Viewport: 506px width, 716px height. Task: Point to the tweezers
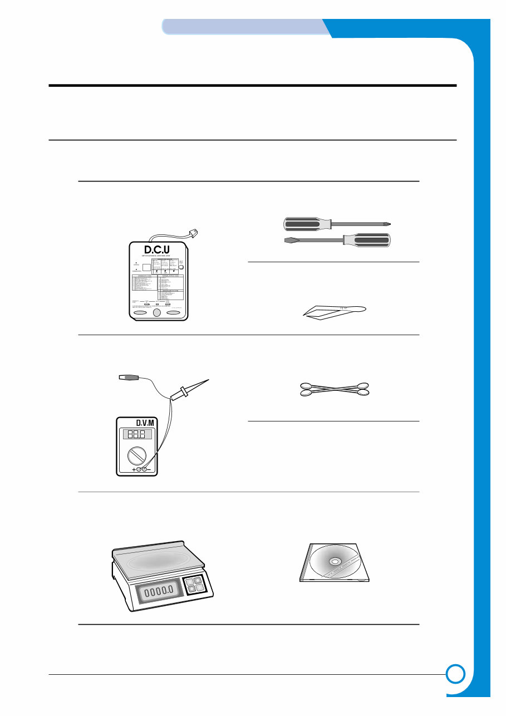334,312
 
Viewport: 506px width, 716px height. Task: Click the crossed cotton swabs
335,389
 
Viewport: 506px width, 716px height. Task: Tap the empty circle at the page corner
455,674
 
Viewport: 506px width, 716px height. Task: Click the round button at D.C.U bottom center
158,313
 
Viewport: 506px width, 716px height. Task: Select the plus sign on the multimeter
134,470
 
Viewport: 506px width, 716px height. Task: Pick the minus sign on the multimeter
151,470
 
